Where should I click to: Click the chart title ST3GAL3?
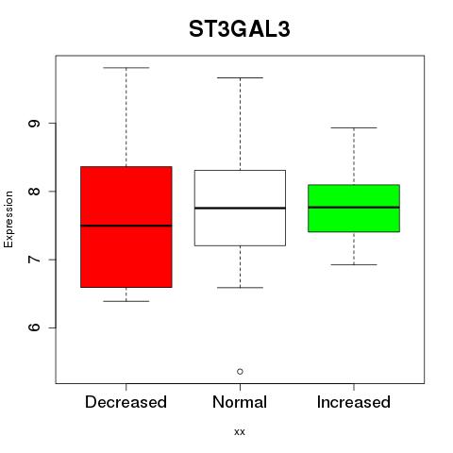(x=239, y=29)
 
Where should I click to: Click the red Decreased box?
(x=126, y=226)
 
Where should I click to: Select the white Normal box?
(x=240, y=208)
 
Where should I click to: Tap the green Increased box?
(x=354, y=209)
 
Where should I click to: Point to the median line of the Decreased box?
(x=126, y=226)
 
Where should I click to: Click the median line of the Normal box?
(x=240, y=208)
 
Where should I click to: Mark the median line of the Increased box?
(x=354, y=208)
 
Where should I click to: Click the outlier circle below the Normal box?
(x=240, y=372)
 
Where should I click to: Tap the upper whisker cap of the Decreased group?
(x=126, y=68)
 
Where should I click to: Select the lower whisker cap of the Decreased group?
(x=126, y=301)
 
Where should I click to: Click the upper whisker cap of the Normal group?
(x=240, y=77)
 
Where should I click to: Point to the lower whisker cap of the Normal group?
(x=240, y=288)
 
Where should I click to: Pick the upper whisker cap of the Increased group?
(x=354, y=127)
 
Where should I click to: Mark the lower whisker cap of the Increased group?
(x=354, y=264)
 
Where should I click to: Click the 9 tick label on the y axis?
(x=34, y=124)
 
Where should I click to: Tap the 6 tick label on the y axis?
(x=34, y=327)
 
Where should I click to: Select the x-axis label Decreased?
(x=126, y=402)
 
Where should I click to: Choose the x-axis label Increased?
(x=354, y=402)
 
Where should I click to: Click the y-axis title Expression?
(x=8, y=219)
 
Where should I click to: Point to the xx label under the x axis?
(x=240, y=432)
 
